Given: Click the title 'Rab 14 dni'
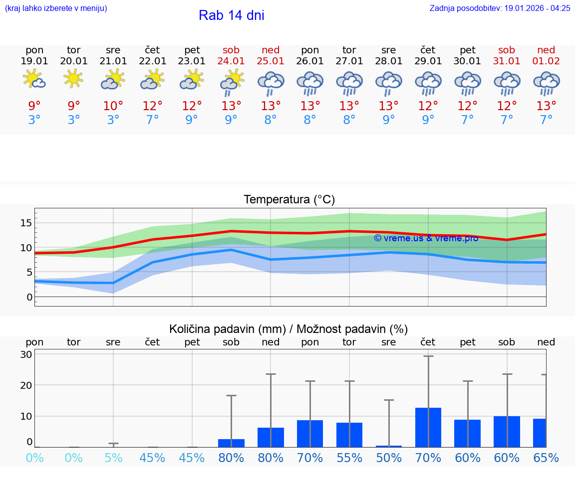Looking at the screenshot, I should [232, 15].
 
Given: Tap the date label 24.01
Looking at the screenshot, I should [231, 61].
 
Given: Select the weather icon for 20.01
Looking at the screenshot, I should [73, 79].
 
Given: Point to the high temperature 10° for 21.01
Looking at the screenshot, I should [113, 106].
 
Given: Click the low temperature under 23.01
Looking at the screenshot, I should [192, 120].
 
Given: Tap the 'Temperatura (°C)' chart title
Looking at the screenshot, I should [289, 199].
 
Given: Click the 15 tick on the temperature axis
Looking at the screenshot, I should [26, 223].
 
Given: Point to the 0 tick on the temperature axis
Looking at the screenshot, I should [29, 298].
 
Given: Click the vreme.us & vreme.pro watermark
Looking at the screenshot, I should [426, 238].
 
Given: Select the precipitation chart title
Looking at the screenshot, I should [288, 329].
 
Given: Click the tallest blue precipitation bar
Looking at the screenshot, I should [428, 427].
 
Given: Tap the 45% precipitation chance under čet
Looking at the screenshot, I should [152, 458].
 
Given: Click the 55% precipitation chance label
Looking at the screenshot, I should [349, 458].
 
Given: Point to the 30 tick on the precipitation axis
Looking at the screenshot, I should [26, 354].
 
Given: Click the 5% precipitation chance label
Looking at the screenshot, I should [113, 458].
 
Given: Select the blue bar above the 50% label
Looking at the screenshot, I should [388, 446].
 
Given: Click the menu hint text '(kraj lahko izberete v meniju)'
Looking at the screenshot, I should [56, 8].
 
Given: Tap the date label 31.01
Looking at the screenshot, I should [507, 61].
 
